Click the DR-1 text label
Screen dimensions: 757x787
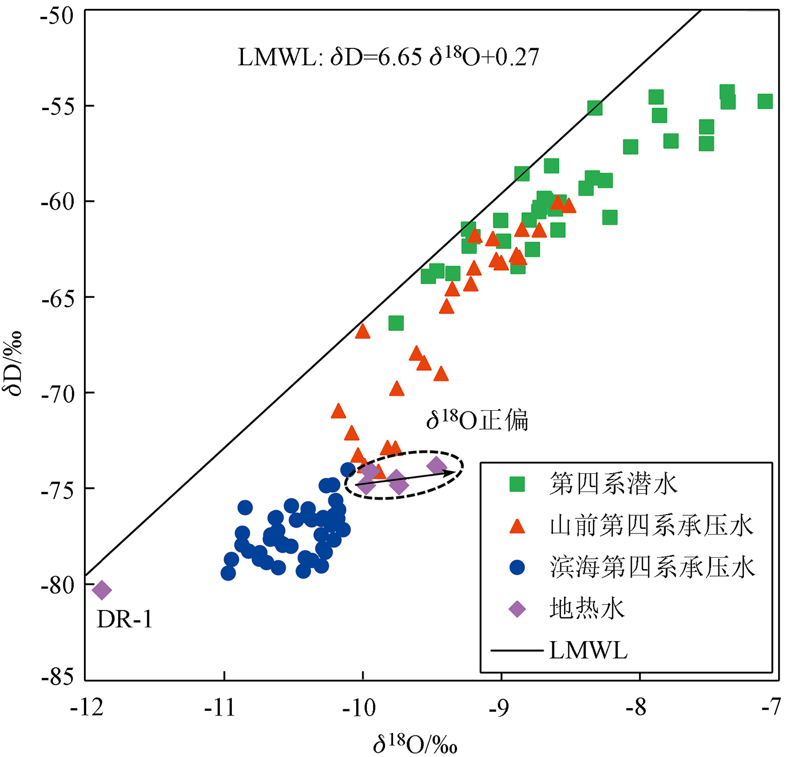click(124, 620)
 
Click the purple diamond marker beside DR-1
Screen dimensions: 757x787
click(102, 590)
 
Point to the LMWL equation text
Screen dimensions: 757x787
click(388, 57)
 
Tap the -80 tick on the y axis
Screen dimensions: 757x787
click(57, 584)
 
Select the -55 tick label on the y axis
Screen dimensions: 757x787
click(57, 106)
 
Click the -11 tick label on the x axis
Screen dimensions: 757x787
click(221, 708)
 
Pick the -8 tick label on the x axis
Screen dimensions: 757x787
click(637, 708)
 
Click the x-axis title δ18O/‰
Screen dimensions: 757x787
click(415, 744)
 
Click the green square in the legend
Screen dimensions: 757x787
click(517, 484)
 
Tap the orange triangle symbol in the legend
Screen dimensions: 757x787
click(517, 526)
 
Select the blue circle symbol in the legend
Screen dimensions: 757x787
click(517, 567)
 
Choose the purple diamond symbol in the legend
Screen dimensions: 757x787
click(517, 609)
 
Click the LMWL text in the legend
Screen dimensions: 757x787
click(588, 651)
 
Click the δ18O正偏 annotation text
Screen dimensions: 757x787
click(477, 420)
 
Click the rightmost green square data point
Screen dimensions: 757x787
click(765, 101)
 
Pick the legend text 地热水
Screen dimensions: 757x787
click(587, 609)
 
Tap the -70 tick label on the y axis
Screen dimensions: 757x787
click(57, 393)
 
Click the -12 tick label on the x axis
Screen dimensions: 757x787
click(87, 708)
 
